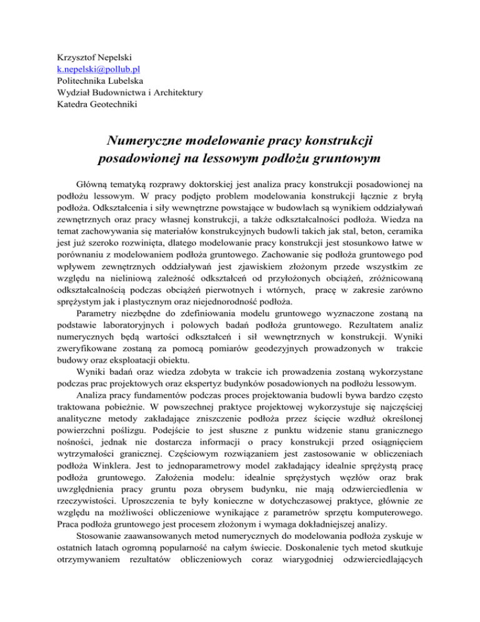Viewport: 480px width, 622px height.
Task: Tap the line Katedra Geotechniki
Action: [x=96, y=106]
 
